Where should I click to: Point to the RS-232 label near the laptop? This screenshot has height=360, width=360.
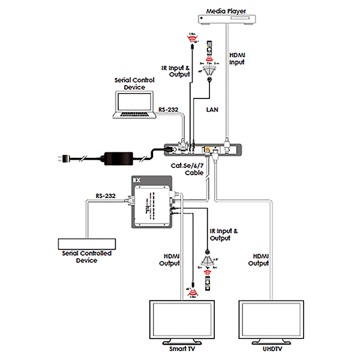pos(169,110)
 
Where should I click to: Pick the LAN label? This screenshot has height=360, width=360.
pos(212,110)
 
